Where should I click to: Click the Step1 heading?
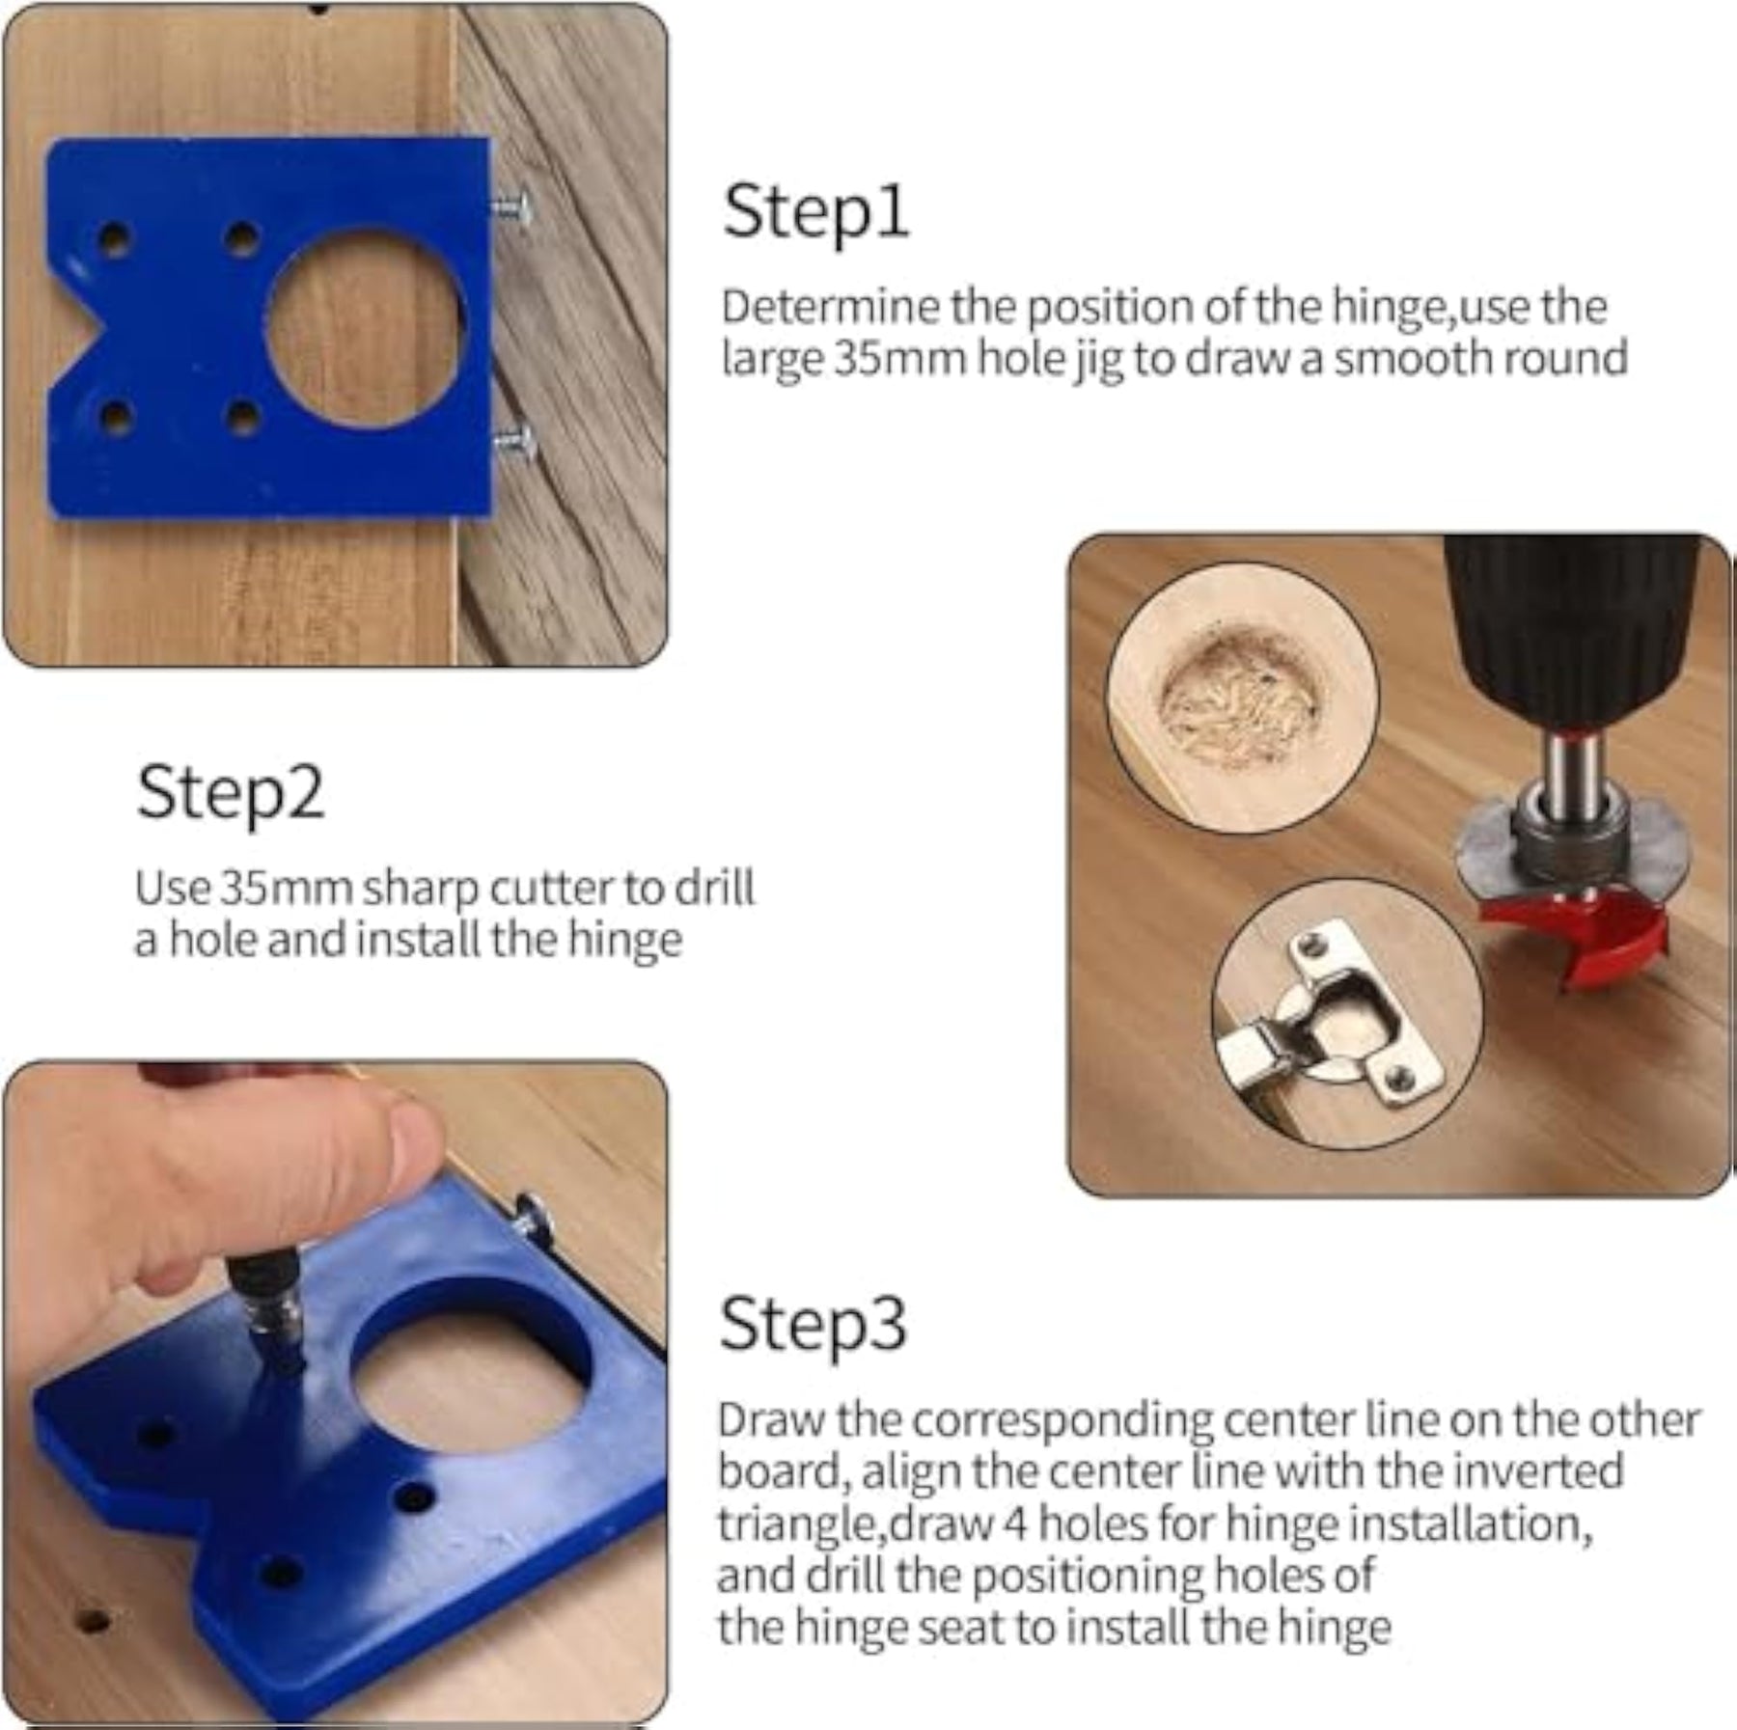815,213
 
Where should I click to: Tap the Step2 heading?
230,792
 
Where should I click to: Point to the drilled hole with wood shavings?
1239,696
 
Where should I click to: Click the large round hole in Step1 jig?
366,328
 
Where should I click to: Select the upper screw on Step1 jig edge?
510,210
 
